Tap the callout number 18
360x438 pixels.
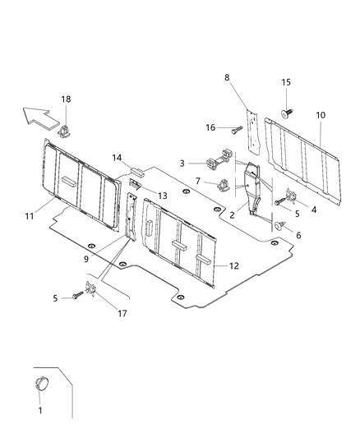coord(66,99)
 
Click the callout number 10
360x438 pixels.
coord(319,114)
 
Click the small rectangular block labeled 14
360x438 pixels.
coord(136,174)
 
